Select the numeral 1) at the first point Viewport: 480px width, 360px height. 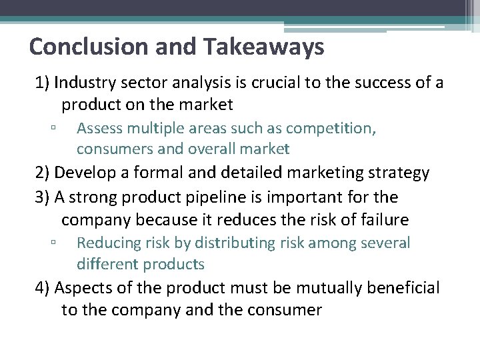[x=43, y=83]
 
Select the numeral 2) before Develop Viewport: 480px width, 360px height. [x=43, y=173]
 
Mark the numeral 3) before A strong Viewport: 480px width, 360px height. [x=43, y=197]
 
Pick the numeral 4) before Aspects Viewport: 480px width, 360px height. [x=43, y=288]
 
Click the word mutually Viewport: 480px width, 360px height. [x=316, y=288]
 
